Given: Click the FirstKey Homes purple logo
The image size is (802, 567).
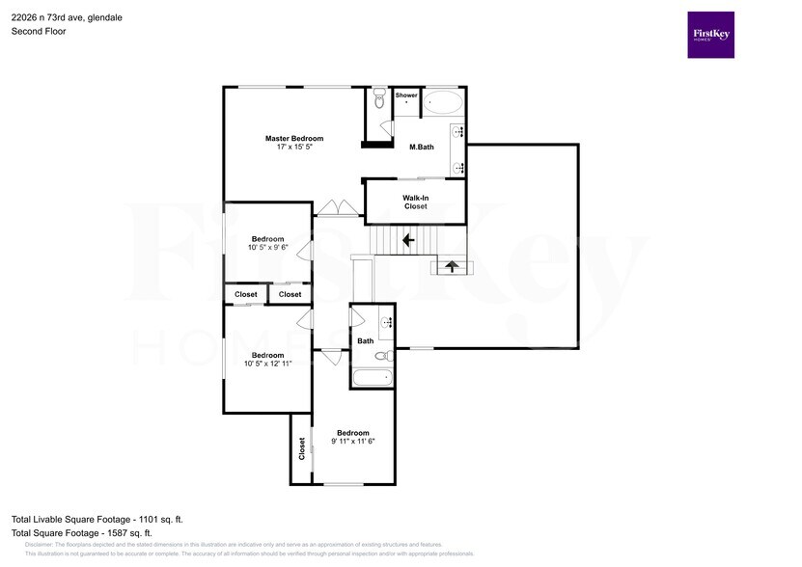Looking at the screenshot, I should pos(710,35).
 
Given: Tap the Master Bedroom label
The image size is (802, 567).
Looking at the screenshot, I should pos(294,139).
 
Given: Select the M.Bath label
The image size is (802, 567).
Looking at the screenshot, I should pos(421,147).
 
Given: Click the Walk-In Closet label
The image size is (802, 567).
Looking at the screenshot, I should pos(415,202).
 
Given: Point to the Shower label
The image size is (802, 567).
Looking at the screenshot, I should pos(406,95).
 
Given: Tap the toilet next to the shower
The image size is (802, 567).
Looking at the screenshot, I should pos(379,99).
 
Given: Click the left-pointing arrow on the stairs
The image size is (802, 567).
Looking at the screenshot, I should pos(407,238).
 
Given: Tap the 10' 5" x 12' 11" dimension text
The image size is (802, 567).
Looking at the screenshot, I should pos(267,364).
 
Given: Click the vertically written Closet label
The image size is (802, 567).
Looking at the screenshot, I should pos(302,447).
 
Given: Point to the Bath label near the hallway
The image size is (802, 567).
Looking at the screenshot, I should pos(366,340).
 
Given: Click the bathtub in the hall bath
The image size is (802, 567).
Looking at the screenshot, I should pos(373,377).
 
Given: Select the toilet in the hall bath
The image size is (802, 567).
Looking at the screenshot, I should pos(382,356).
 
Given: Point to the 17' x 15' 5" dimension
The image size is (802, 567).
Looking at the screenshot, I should pos(294,148).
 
